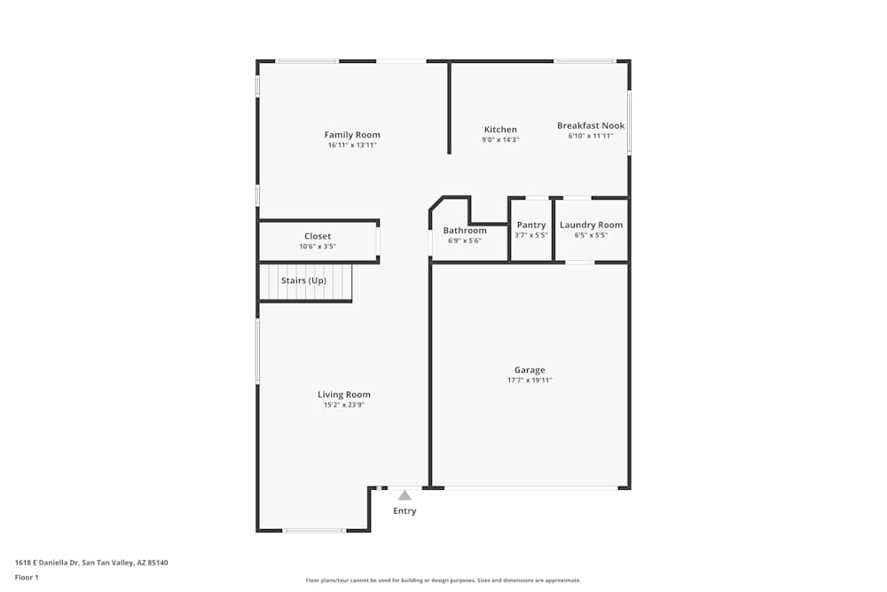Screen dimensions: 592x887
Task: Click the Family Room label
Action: [352, 135]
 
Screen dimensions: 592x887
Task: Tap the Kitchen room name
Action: [500, 130]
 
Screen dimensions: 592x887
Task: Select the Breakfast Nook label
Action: [591, 126]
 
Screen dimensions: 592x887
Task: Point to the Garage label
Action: [530, 370]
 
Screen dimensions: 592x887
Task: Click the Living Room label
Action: [344, 395]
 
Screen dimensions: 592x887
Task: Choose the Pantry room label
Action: [531, 225]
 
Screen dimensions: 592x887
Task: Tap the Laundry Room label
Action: [591, 225]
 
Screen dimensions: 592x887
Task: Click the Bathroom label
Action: [465, 231]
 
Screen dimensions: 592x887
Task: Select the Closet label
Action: [318, 237]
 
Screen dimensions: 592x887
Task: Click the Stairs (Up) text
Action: [303, 280]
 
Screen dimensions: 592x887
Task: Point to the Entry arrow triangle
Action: [404, 495]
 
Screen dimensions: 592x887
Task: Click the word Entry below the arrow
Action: [404, 511]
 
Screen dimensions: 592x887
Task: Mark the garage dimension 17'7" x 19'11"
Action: [530, 380]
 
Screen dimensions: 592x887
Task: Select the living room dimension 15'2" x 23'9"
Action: [344, 405]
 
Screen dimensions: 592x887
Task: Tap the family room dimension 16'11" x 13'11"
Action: [352, 145]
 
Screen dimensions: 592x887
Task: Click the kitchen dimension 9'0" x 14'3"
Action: [500, 139]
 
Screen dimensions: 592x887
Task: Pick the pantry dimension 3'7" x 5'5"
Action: [531, 235]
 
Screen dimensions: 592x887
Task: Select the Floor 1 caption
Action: [27, 577]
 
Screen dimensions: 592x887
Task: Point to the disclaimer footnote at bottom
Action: [443, 580]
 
